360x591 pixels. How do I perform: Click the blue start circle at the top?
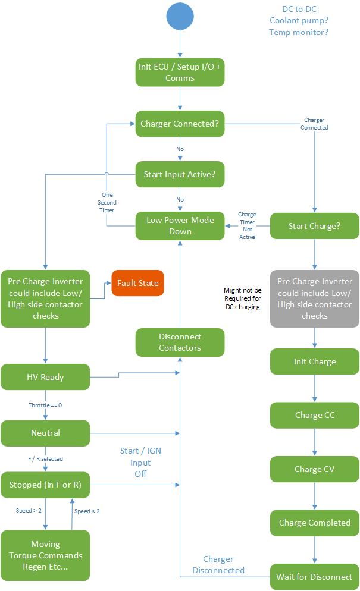point(180,16)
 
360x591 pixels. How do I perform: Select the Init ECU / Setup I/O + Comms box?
point(180,72)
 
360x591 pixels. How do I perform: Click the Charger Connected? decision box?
point(180,124)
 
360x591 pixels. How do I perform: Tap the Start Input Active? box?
point(180,175)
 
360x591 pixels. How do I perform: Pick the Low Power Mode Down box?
point(180,225)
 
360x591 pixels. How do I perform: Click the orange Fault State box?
point(137,283)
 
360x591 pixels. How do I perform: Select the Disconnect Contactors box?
point(180,342)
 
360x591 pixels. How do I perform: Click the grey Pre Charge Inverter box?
point(315,298)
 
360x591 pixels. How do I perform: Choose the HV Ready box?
point(45,377)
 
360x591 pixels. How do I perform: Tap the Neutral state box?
point(45,433)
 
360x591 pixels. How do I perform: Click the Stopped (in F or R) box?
point(45,485)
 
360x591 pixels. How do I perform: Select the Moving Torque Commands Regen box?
point(45,555)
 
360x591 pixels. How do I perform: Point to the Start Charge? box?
point(315,226)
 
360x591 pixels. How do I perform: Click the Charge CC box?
point(315,415)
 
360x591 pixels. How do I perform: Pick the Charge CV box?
point(315,469)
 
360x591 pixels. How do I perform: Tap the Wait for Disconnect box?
point(315,576)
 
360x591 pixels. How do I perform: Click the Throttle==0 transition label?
point(45,405)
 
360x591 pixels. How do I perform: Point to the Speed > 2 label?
point(29,511)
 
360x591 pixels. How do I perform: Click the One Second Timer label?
point(107,202)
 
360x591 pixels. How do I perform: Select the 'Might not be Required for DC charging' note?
point(242,298)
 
